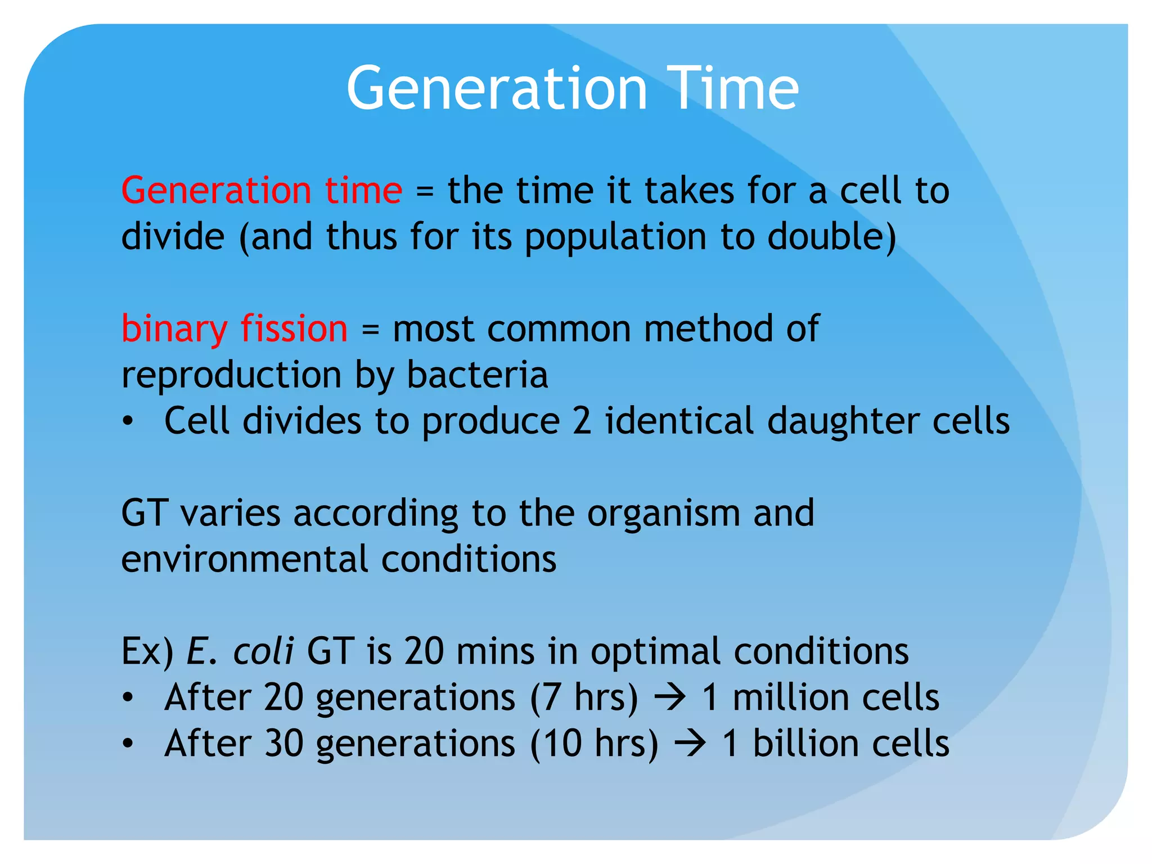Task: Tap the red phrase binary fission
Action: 235,328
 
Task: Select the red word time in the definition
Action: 363,190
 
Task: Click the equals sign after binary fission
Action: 370,330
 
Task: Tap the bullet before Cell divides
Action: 128,421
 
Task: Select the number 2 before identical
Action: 582,421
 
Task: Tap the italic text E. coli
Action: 240,651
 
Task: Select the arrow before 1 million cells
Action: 670,697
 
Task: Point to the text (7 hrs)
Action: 584,697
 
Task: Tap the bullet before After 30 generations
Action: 128,744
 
